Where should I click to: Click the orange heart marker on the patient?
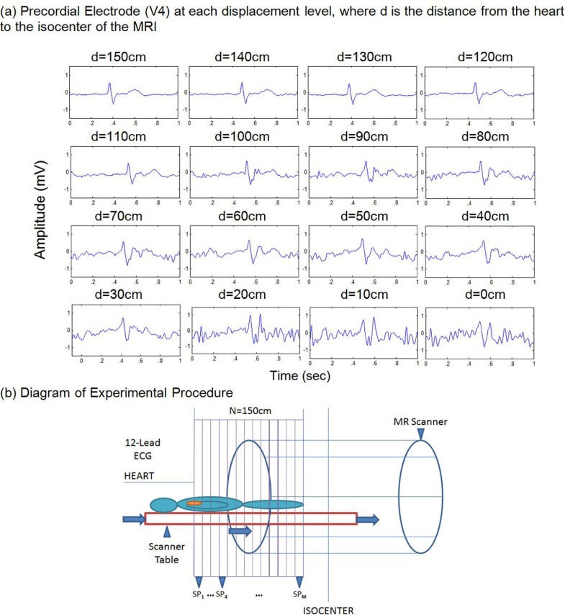[194, 503]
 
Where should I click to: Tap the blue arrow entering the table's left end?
[134, 518]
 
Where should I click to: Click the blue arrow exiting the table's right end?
[369, 519]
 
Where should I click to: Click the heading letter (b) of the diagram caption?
[13, 392]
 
